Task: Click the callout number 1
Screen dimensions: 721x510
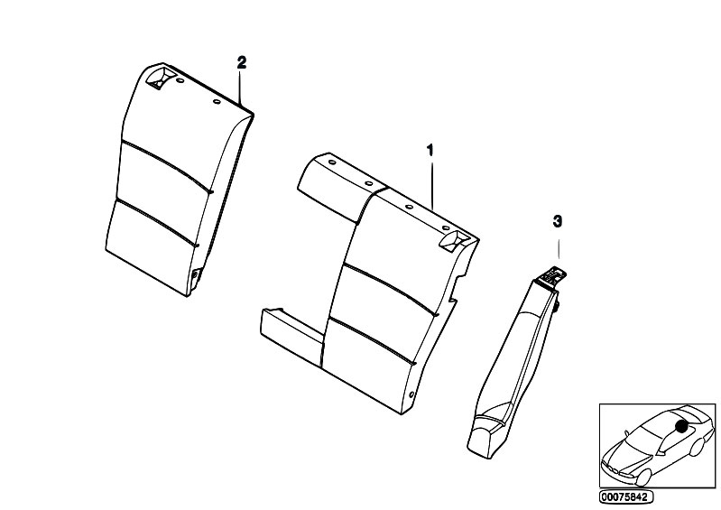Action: point(430,151)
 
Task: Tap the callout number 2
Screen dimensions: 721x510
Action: point(242,62)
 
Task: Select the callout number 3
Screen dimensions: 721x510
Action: point(558,222)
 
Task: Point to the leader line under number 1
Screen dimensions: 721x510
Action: point(432,184)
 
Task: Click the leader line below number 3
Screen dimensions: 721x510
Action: point(559,250)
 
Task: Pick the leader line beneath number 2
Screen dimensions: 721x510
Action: point(239,87)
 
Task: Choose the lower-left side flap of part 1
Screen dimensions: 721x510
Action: point(293,331)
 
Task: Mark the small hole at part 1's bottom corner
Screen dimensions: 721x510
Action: point(411,394)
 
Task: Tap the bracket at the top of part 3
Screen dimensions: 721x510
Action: point(550,277)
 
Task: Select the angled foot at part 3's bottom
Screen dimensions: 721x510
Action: point(486,431)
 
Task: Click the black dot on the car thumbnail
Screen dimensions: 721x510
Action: point(681,426)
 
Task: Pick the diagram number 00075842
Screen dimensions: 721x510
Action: point(625,496)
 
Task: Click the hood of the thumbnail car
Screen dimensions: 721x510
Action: point(628,454)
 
